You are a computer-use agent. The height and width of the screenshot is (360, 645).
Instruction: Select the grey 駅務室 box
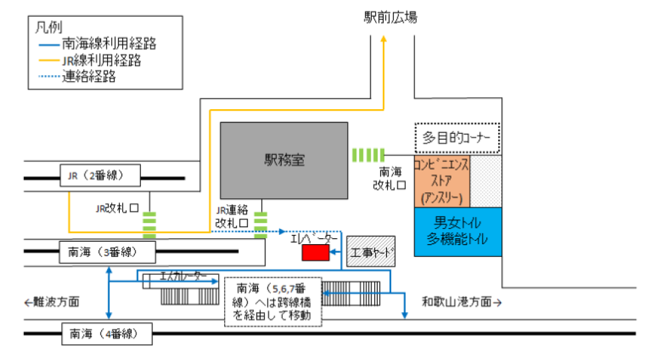[284, 160]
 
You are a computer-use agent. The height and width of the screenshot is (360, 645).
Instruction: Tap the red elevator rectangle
[316, 253]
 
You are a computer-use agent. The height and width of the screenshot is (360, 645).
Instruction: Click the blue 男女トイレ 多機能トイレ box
[458, 231]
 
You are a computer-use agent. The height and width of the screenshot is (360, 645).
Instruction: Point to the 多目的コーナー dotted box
[457, 138]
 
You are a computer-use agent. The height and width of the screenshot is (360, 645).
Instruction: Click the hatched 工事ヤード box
[370, 252]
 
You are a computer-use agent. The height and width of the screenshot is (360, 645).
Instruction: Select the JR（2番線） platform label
[100, 176]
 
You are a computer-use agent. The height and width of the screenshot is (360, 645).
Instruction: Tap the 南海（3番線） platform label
[106, 252]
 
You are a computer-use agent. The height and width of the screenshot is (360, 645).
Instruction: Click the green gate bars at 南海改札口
[369, 155]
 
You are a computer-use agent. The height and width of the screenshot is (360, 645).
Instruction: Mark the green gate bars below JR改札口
[150, 225]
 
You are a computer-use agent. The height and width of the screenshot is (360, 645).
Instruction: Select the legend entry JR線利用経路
[100, 61]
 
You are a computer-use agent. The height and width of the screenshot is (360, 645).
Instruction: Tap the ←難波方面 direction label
[52, 302]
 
